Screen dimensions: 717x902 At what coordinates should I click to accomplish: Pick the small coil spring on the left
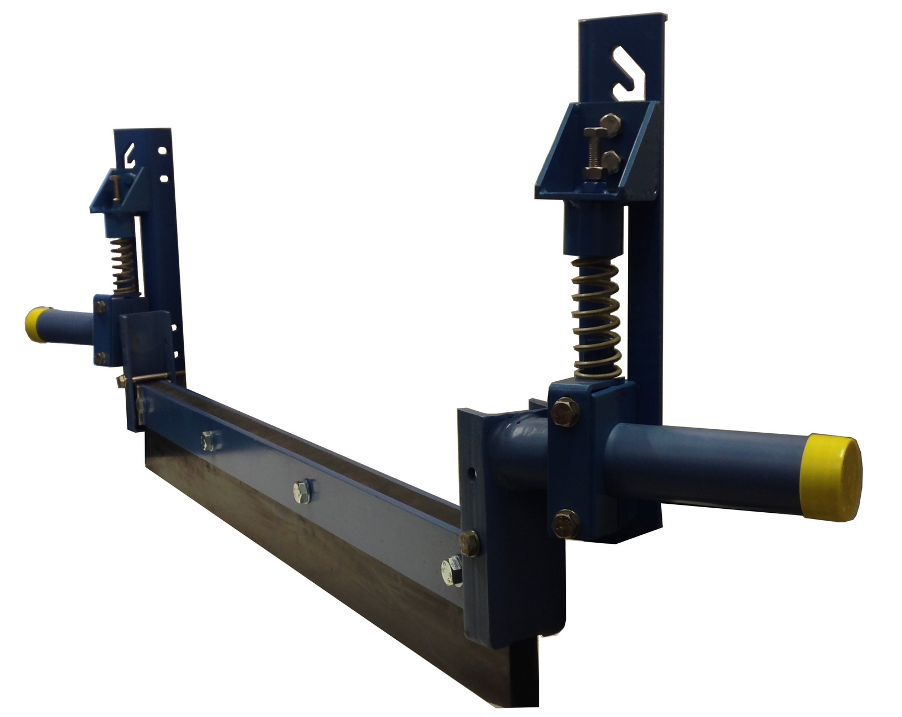point(123,265)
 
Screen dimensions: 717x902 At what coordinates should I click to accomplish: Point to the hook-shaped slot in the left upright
point(131,154)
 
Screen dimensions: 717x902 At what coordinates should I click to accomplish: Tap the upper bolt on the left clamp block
point(100,307)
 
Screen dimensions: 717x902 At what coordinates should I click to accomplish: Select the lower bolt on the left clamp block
point(100,357)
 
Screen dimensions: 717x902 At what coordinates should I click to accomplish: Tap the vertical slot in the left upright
point(138,248)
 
